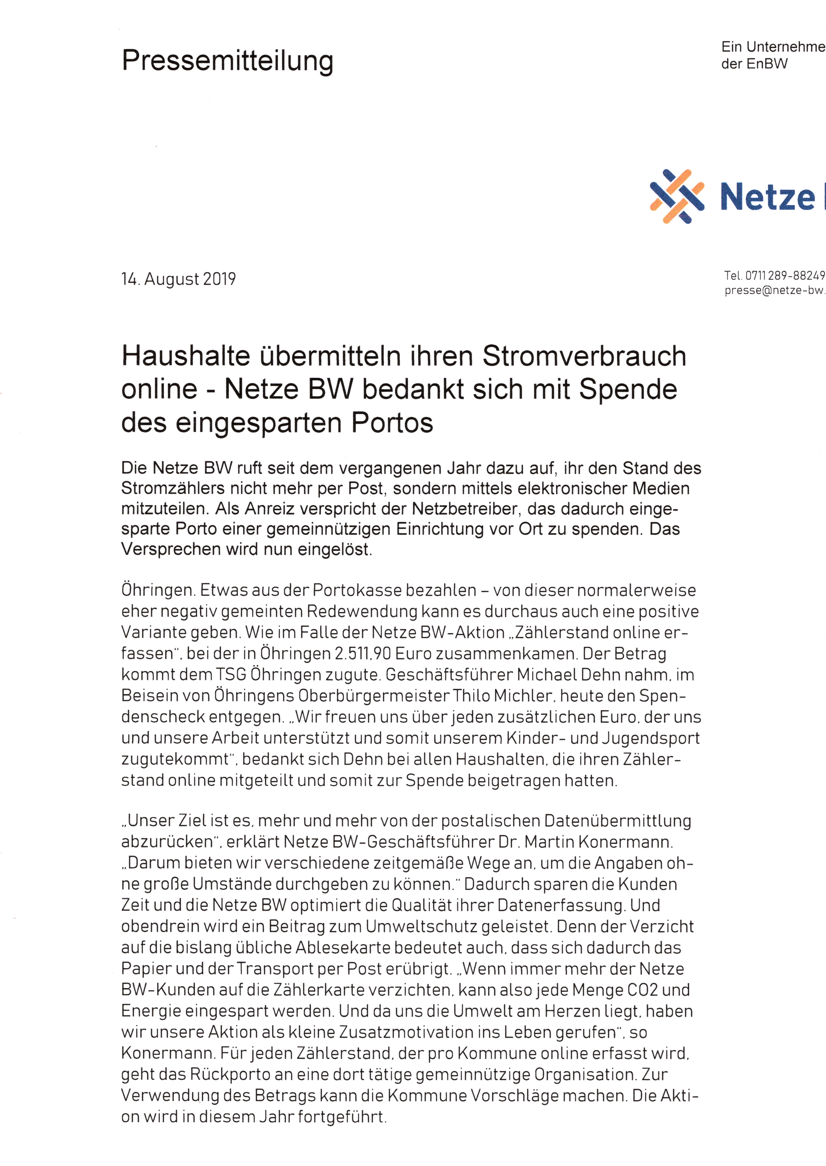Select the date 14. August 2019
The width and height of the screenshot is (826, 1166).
(x=179, y=279)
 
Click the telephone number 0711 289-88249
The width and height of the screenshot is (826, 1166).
(x=785, y=276)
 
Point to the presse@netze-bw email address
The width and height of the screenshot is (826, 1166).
(x=774, y=291)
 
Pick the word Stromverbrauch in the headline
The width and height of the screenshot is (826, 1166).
(x=584, y=356)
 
